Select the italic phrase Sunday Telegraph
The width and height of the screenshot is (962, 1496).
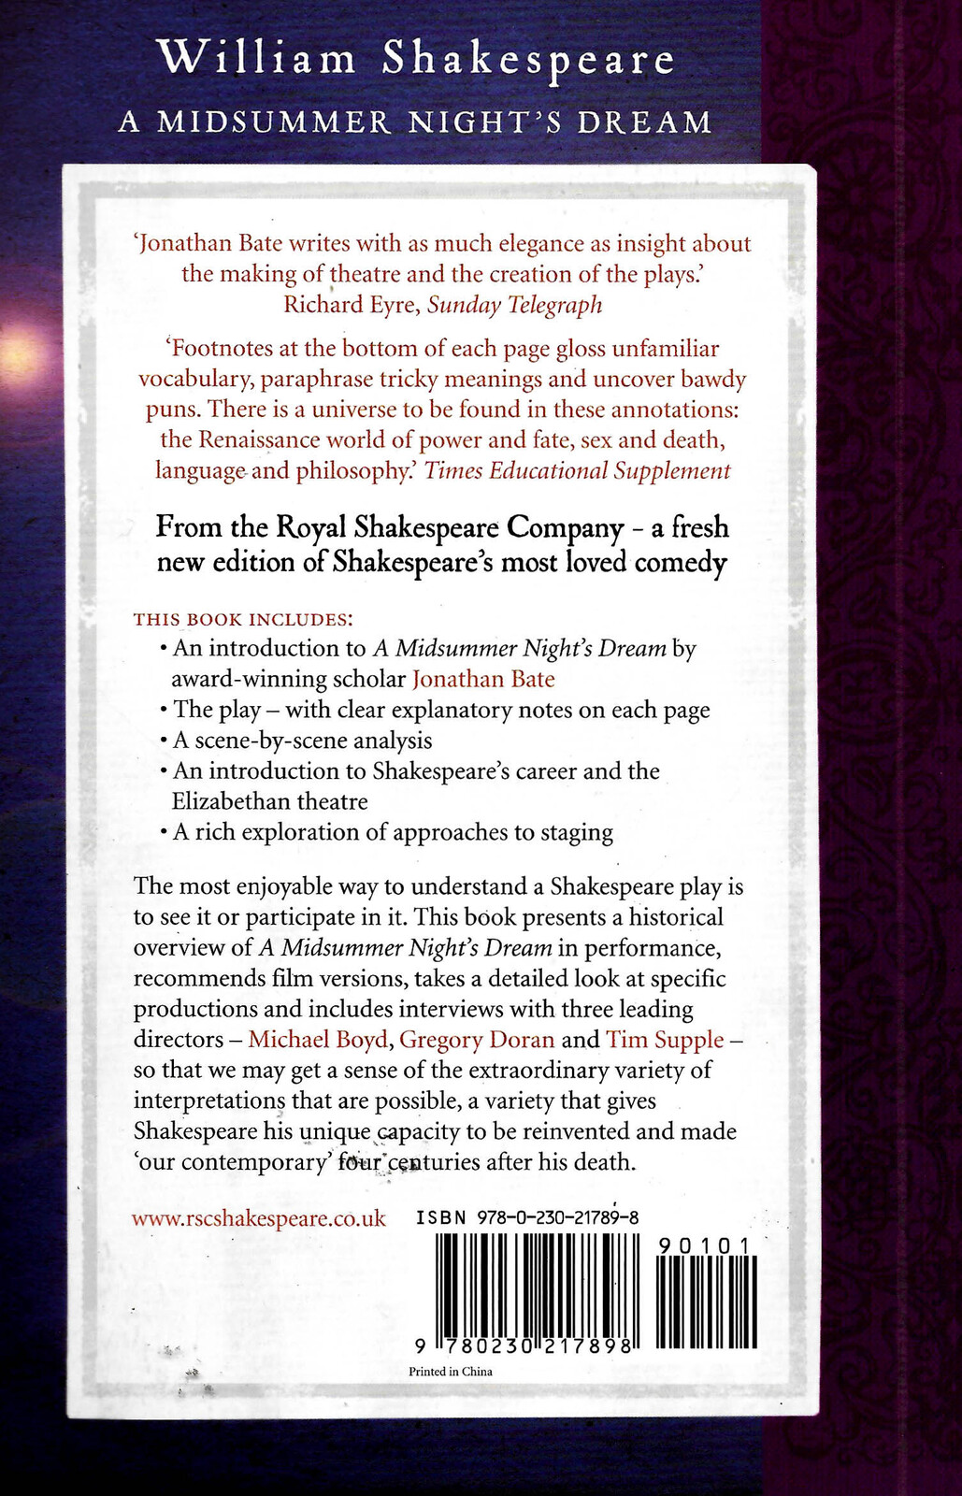click(x=515, y=305)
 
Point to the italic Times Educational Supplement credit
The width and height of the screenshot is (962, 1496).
click(x=578, y=470)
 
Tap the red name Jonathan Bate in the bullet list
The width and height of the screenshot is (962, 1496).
click(x=483, y=679)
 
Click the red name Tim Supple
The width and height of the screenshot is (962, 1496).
click(x=665, y=1040)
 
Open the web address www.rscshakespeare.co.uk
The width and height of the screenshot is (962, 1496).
click(x=259, y=1218)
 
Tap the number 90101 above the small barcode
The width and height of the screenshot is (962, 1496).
click(x=705, y=1245)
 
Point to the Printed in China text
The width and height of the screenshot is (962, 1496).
click(x=451, y=1372)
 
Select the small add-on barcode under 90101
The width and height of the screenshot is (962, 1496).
click(x=706, y=1302)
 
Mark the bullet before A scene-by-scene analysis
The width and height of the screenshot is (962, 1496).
click(x=165, y=741)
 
